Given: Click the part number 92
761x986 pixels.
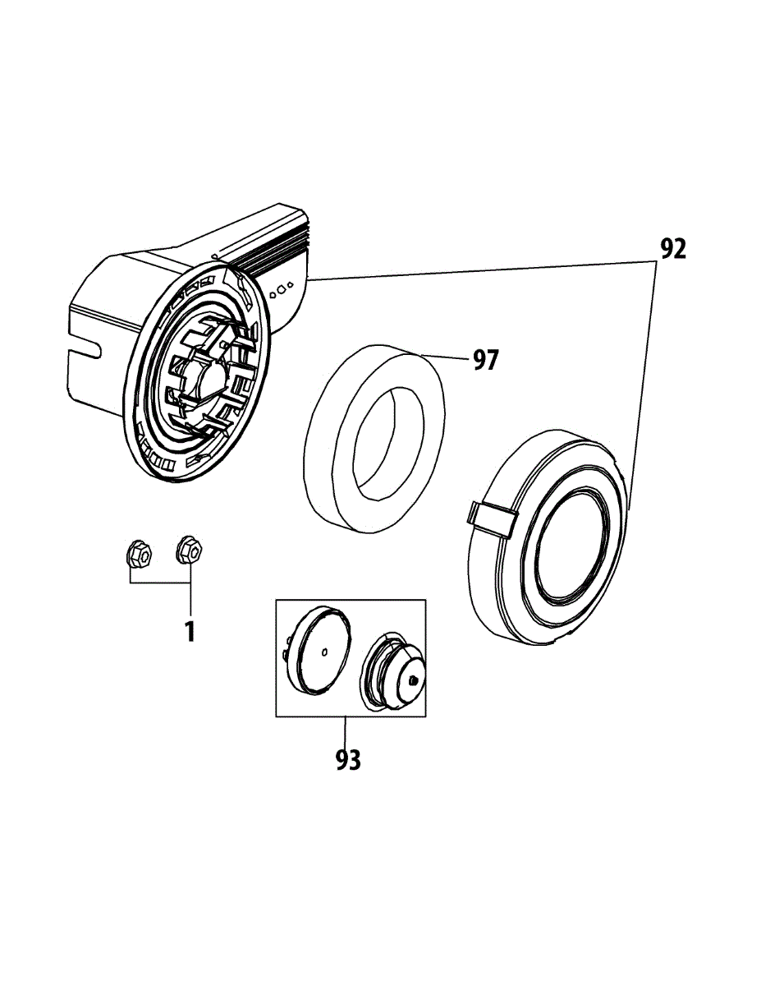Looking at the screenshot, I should pyautogui.click(x=672, y=249).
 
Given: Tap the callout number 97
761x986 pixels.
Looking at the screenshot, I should pyautogui.click(x=485, y=359).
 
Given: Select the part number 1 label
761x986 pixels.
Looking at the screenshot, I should pyautogui.click(x=190, y=632).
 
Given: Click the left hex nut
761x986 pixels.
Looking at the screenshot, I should pyautogui.click(x=138, y=555).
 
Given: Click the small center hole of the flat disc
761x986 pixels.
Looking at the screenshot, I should pyautogui.click(x=326, y=653).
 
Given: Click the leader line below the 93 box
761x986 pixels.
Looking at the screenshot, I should pyautogui.click(x=346, y=728).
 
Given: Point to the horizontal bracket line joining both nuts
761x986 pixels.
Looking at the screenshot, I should pyautogui.click(x=160, y=582).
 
